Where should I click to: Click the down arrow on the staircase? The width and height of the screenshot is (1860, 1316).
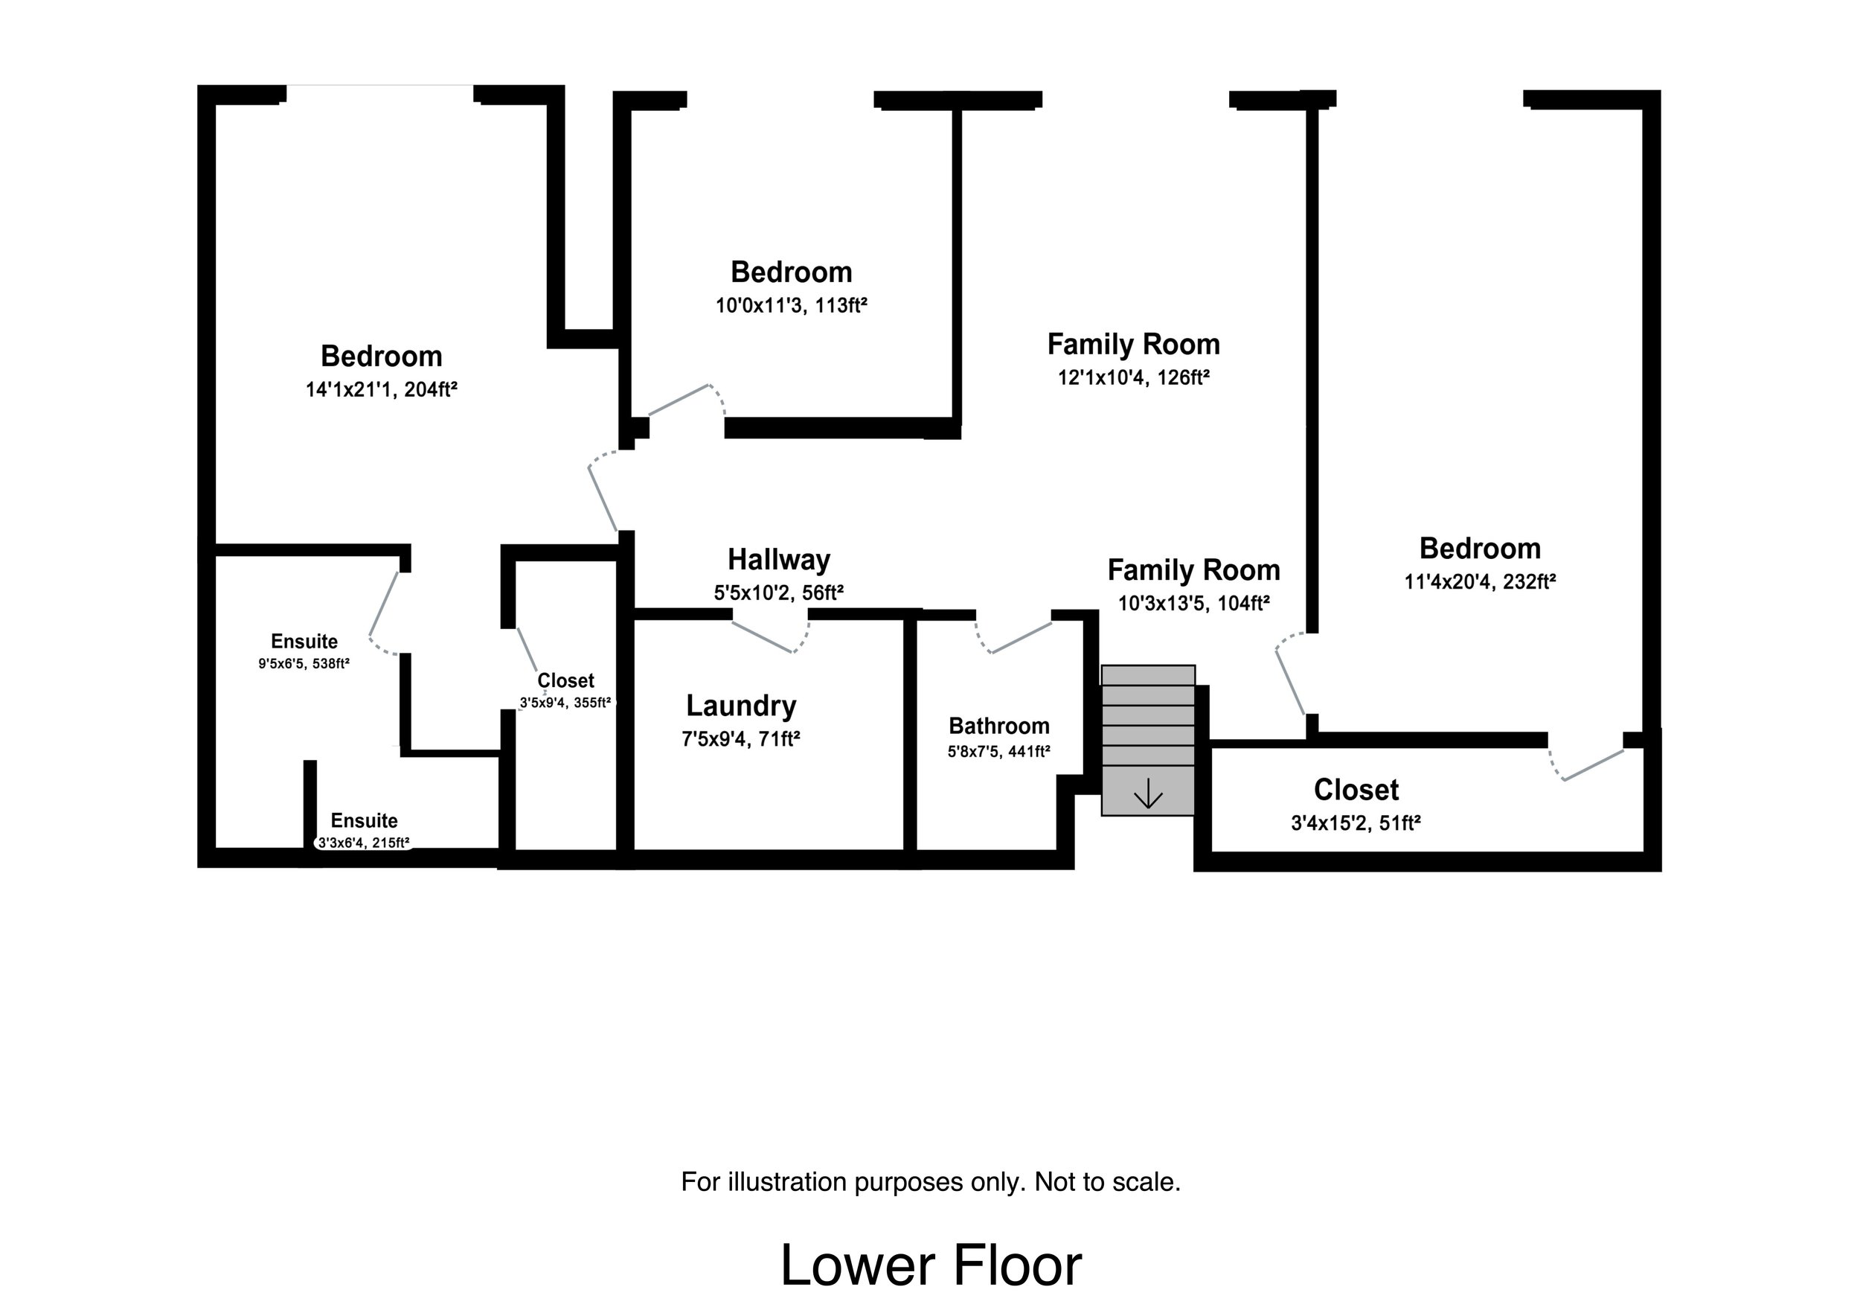tap(1148, 793)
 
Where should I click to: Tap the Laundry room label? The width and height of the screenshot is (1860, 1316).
tap(741, 706)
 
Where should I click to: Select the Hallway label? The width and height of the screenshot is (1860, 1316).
tap(778, 560)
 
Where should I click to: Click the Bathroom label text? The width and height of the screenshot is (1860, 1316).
tap(999, 726)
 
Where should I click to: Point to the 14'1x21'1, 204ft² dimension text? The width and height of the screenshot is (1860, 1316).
tap(381, 390)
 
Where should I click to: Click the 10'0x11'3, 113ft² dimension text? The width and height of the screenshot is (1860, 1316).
tap(791, 305)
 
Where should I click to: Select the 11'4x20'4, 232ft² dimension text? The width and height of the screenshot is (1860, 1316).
tap(1479, 582)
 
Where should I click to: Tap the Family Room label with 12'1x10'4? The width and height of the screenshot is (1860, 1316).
tap(1133, 345)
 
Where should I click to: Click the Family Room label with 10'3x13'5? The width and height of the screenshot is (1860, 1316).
tap(1193, 570)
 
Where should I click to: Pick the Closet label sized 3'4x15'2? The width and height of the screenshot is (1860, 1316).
tap(1356, 789)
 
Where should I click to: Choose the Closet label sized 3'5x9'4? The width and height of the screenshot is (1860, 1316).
tap(565, 680)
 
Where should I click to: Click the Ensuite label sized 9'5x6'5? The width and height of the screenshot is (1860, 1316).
tap(304, 642)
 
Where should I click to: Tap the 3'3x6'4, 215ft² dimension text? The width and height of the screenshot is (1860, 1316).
tap(363, 843)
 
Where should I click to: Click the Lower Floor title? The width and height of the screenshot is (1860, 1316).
tap(931, 1266)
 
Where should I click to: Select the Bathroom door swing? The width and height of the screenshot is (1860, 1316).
tap(1018, 637)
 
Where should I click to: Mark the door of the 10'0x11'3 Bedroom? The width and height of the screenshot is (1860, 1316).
tap(682, 400)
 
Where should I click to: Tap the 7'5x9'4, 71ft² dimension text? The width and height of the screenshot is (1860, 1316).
tap(740, 739)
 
